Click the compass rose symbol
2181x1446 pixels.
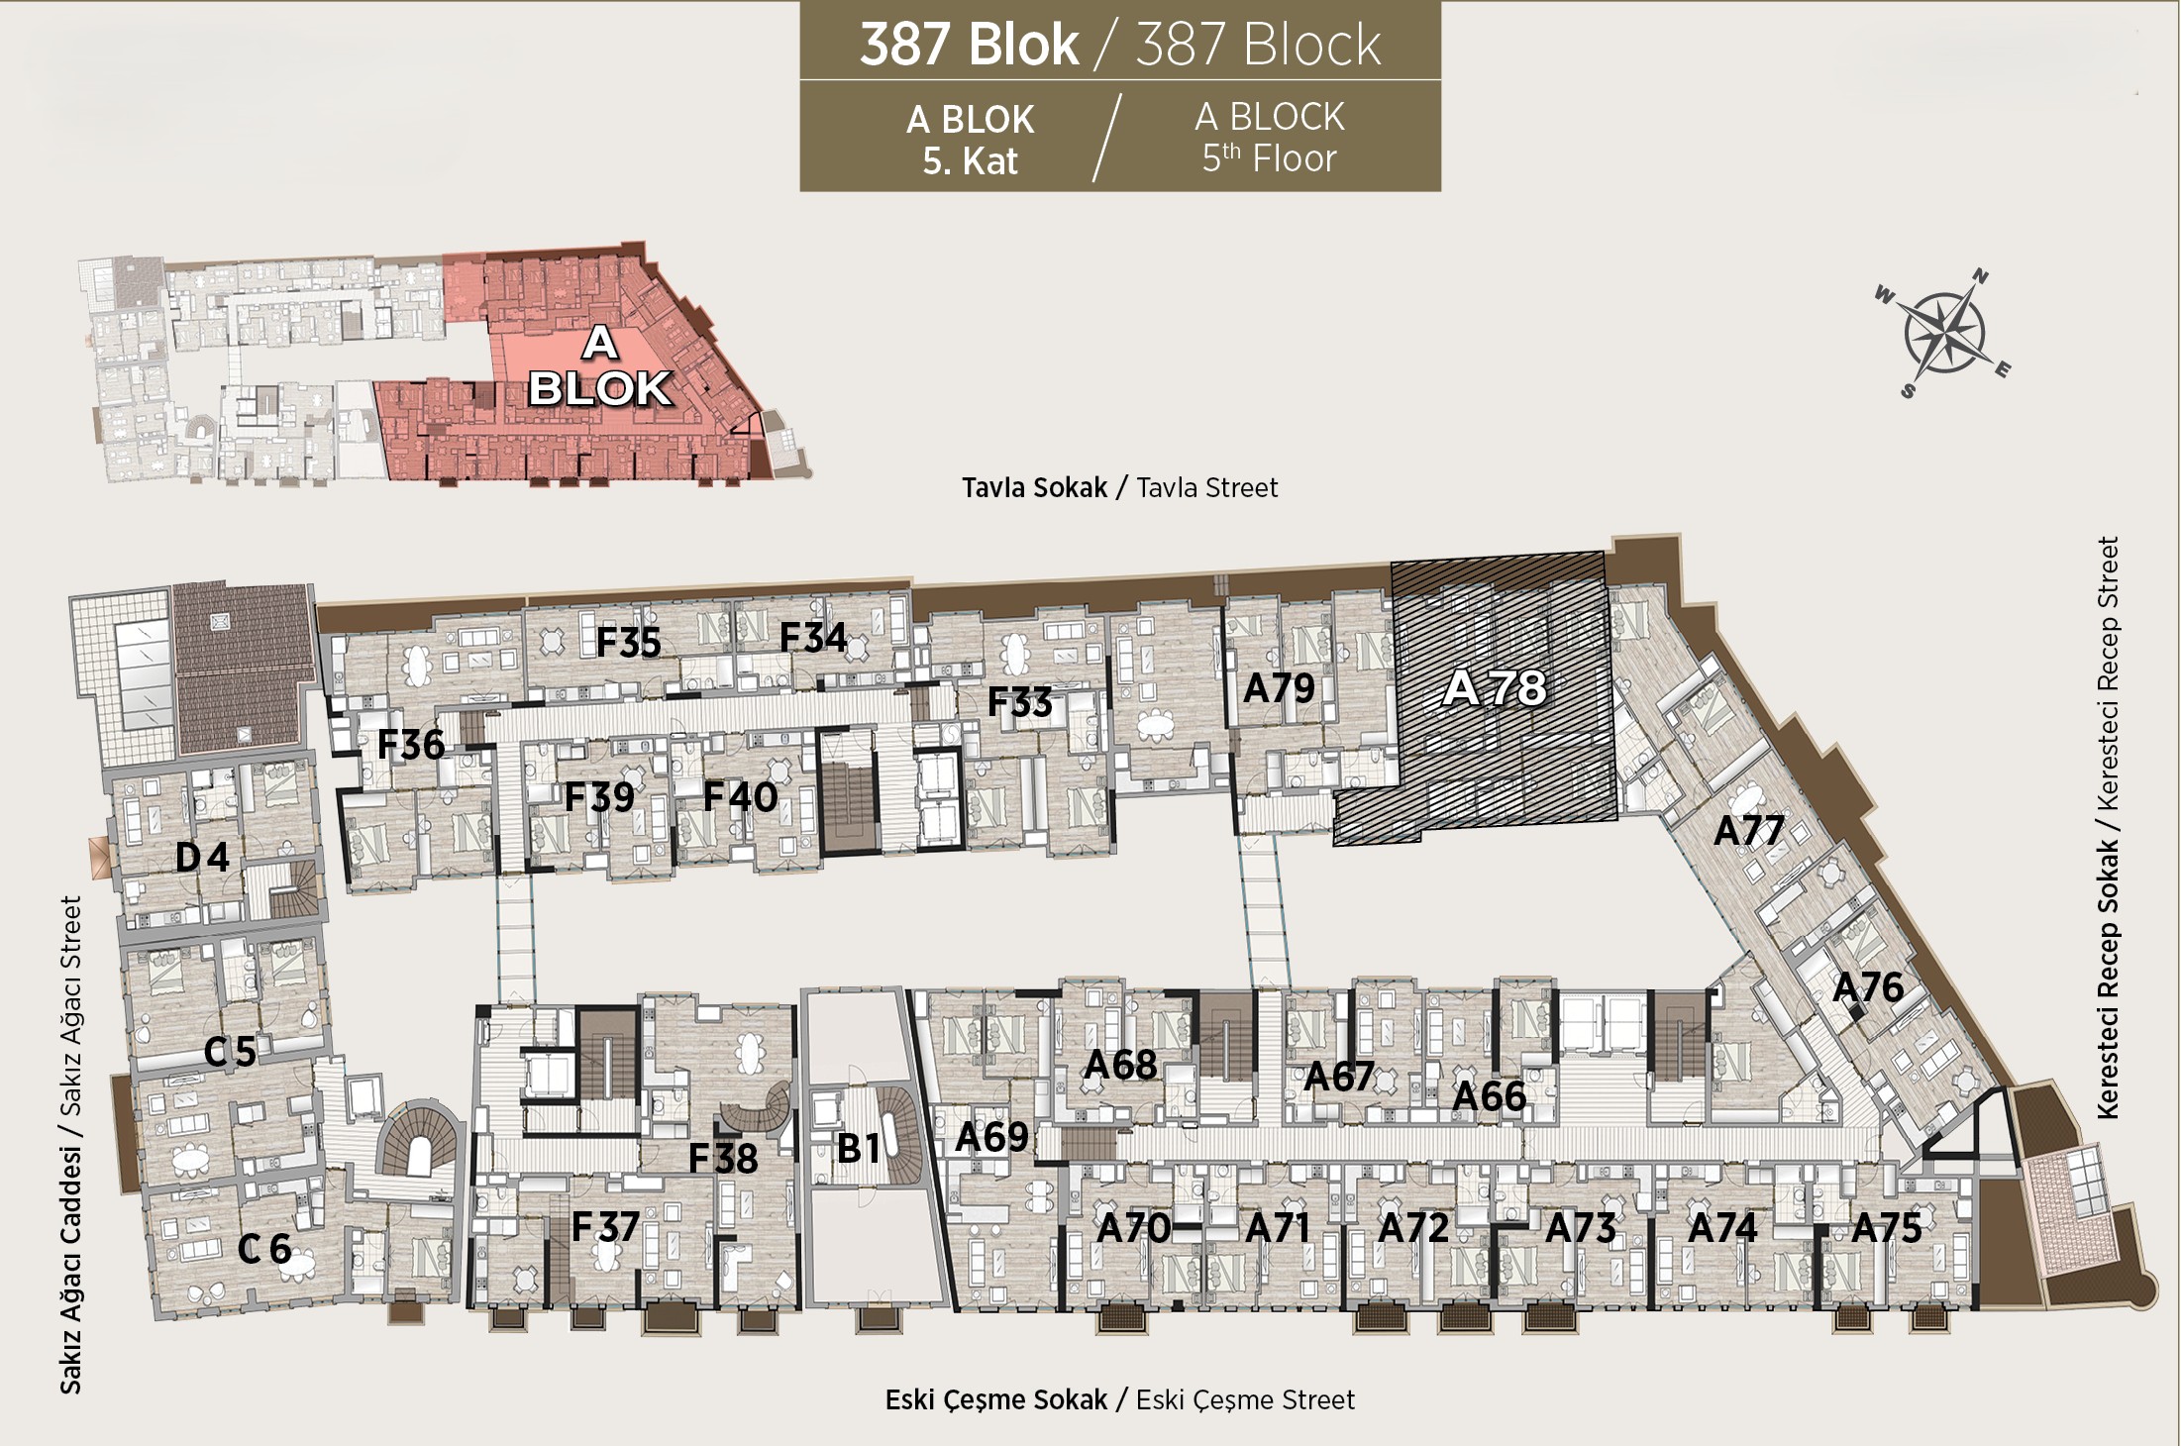1942,334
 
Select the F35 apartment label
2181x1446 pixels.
628,643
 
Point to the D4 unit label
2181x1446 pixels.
202,857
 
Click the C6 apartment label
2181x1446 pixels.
264,1249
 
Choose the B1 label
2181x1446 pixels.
859,1148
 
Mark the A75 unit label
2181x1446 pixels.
1887,1228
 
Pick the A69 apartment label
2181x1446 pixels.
991,1137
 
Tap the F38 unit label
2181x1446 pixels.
723,1158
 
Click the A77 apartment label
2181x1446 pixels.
1749,830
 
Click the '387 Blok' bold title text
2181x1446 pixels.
969,45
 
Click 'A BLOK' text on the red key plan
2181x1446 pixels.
600,367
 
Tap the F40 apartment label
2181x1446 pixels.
740,796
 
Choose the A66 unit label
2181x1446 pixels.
1489,1096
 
